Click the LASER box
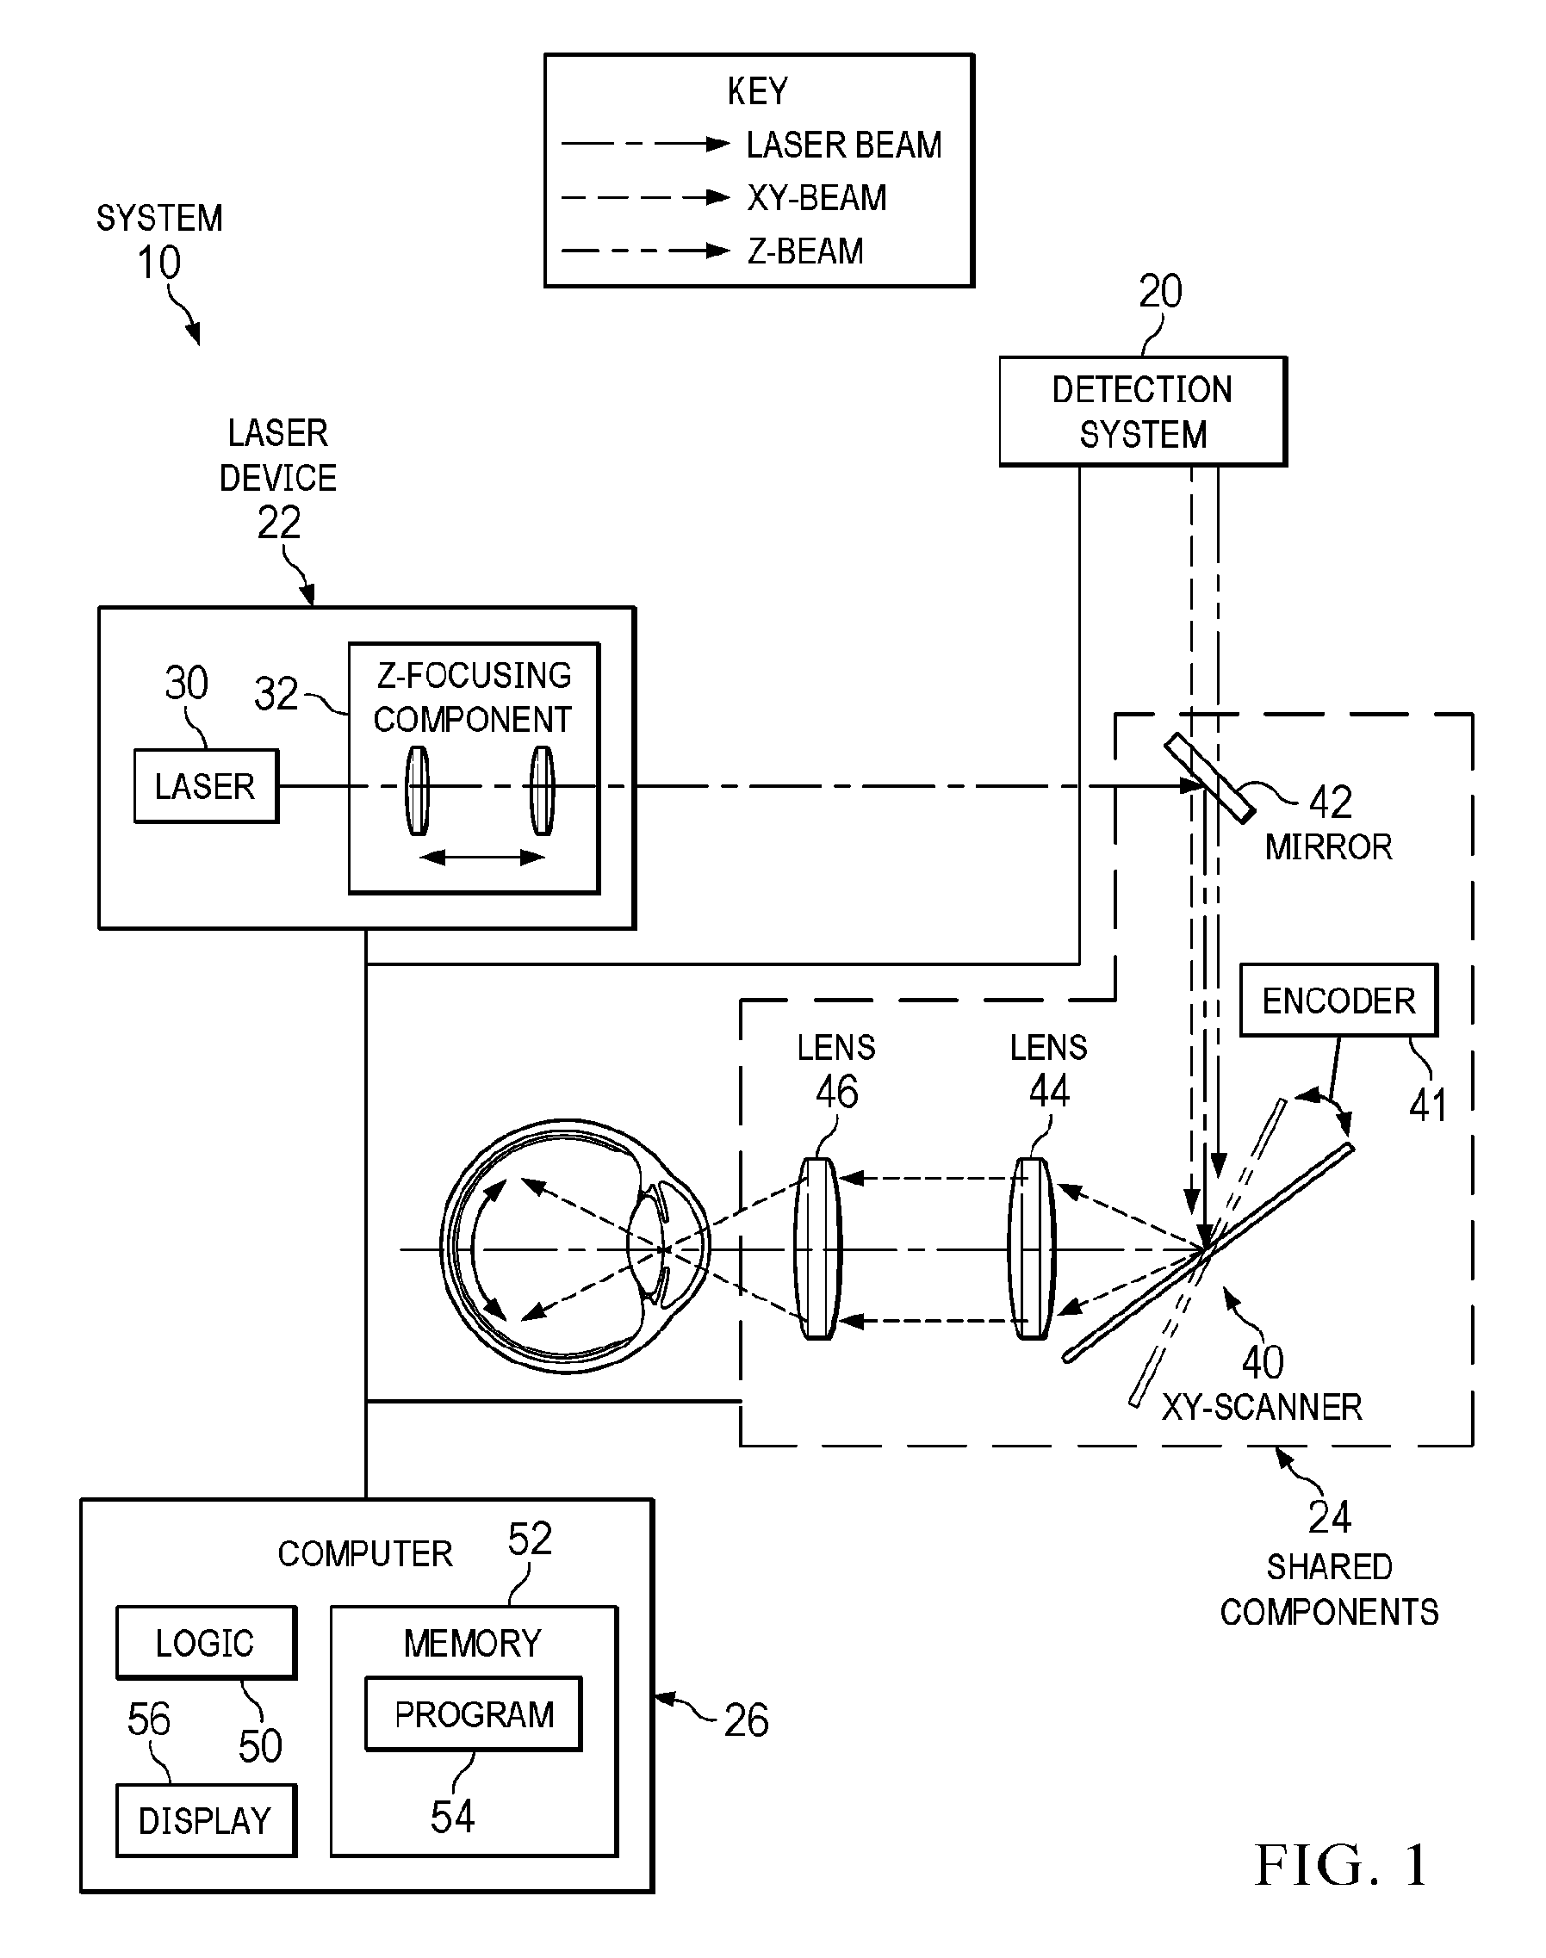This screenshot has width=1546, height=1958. (207, 785)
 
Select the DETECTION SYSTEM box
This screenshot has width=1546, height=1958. (1143, 412)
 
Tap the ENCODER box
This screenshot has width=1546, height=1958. (1338, 1000)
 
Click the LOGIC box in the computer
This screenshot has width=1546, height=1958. (207, 1642)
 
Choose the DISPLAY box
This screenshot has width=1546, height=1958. (207, 1820)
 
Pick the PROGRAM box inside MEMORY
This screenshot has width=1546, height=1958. (474, 1713)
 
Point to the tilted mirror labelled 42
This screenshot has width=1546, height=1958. (1210, 778)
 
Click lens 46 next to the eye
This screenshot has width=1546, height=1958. (818, 1249)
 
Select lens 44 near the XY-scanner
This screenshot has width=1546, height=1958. (1032, 1249)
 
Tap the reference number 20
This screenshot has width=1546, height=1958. (1160, 291)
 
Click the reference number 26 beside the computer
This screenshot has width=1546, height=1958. (747, 1720)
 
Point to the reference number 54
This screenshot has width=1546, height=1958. (452, 1816)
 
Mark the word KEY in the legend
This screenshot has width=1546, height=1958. (759, 91)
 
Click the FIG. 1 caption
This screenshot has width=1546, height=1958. (1341, 1865)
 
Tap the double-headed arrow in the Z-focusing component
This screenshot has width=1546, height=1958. (482, 857)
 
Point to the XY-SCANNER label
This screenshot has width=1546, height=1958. (1262, 1407)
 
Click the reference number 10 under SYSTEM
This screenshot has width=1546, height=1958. (158, 263)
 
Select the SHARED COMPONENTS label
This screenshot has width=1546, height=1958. (1329, 1589)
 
